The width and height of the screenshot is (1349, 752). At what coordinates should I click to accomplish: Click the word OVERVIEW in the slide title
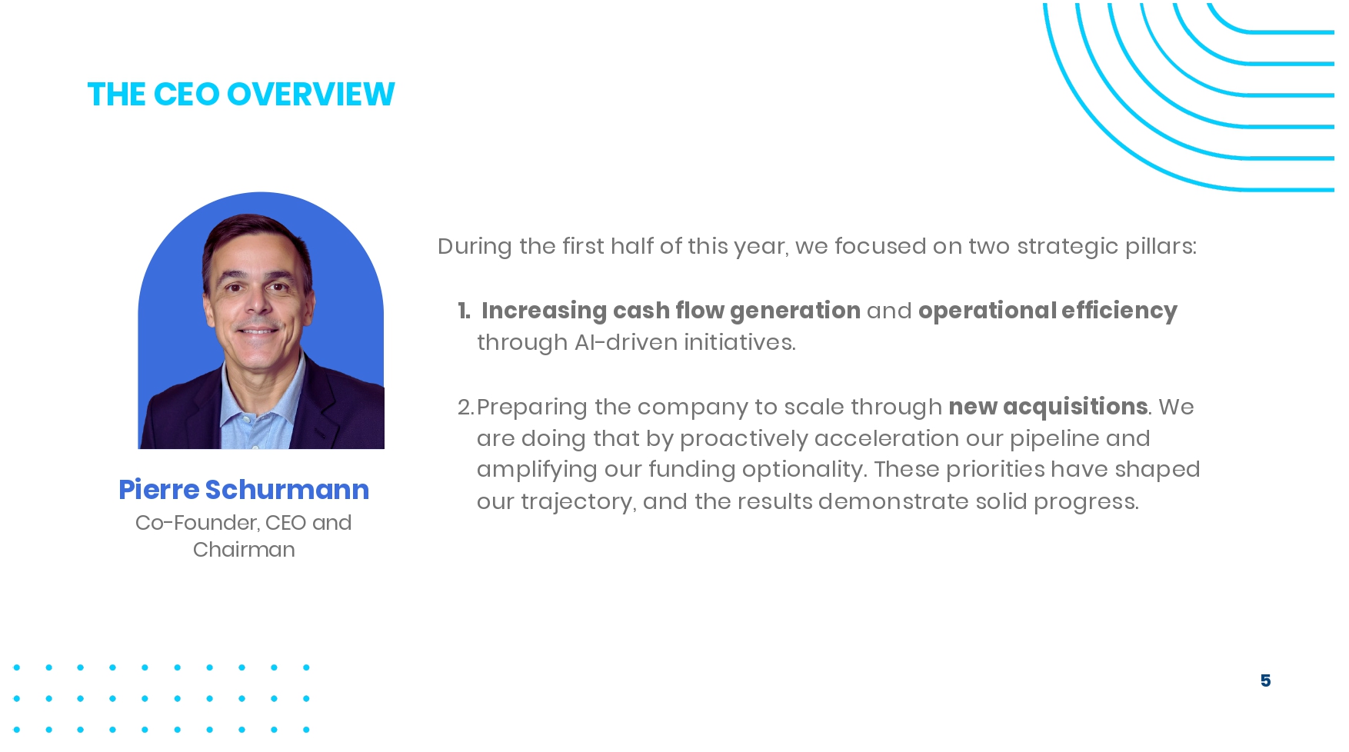[311, 95]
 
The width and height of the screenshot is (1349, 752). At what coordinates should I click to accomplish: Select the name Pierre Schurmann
[244, 490]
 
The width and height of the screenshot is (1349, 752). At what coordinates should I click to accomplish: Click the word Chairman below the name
[244, 550]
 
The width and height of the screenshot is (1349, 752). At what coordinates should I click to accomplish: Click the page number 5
[1265, 680]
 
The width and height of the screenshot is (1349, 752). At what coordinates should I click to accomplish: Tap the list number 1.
[464, 311]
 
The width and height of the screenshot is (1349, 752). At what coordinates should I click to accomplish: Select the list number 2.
[465, 407]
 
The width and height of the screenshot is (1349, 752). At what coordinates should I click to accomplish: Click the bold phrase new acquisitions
[1048, 407]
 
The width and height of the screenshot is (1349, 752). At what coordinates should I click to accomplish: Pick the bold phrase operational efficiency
[1048, 311]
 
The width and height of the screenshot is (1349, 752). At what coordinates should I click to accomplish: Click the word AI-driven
[626, 342]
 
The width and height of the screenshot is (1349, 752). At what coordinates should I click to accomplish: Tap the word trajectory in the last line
[578, 502]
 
